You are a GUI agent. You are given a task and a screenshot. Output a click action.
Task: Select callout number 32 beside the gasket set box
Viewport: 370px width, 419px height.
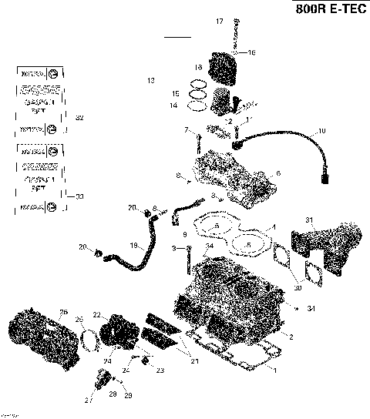pos(79,117)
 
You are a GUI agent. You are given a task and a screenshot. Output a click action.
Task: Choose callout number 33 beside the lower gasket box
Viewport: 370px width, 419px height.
pos(79,197)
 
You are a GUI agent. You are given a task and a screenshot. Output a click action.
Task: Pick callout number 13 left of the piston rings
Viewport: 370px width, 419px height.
pos(151,80)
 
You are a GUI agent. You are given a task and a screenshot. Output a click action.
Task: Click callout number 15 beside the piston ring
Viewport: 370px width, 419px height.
pos(175,93)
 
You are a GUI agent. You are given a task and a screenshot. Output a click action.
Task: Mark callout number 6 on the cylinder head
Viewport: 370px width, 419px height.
pos(278,173)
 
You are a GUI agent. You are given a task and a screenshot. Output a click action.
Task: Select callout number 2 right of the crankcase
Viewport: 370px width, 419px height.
pos(291,337)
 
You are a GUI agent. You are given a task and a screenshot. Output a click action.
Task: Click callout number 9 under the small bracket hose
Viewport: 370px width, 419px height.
pos(185,233)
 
